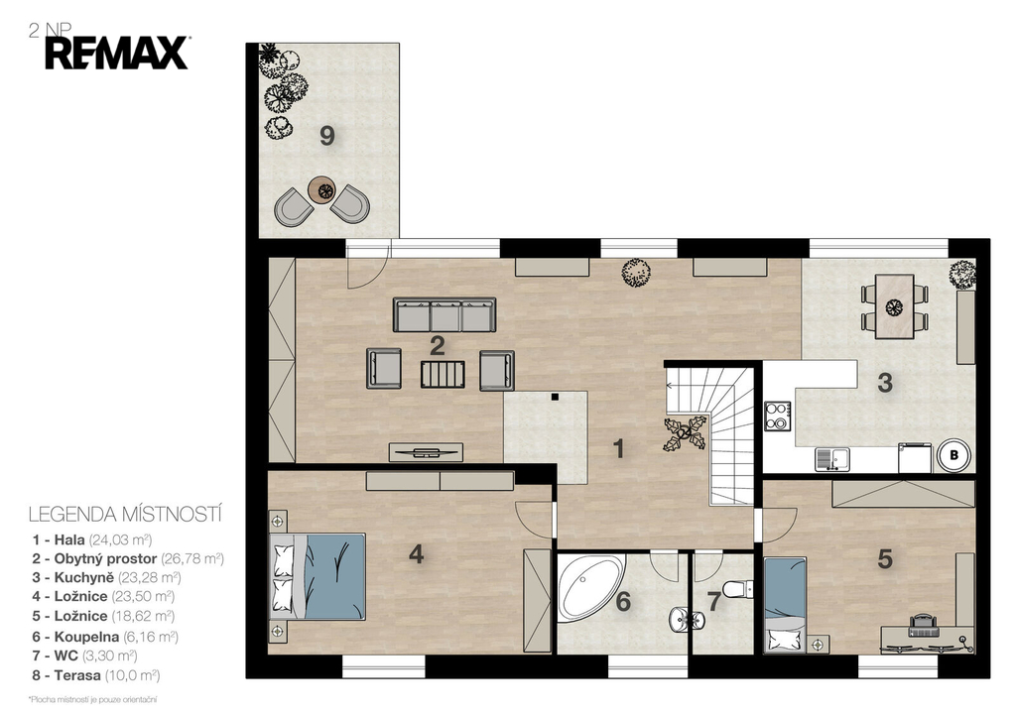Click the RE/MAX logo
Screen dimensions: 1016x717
pos(117,54)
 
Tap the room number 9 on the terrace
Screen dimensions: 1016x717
pos(327,136)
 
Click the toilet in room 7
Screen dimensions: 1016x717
pos(738,589)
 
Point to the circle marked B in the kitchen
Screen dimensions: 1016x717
pos(953,455)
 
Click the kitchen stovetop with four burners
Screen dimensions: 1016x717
pos(777,416)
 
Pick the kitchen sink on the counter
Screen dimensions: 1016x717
pos(832,459)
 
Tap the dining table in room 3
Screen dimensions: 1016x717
pos(895,306)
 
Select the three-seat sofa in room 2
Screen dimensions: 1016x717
pos(444,314)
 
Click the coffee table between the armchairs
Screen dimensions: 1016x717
pos(443,375)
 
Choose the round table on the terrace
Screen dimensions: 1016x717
pos(322,189)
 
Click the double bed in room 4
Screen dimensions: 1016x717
pos(317,576)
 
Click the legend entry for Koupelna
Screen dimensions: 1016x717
pos(105,637)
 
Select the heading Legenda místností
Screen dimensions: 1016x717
pos(126,515)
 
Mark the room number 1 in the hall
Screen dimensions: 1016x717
pos(618,449)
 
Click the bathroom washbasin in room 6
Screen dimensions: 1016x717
pos(681,619)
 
